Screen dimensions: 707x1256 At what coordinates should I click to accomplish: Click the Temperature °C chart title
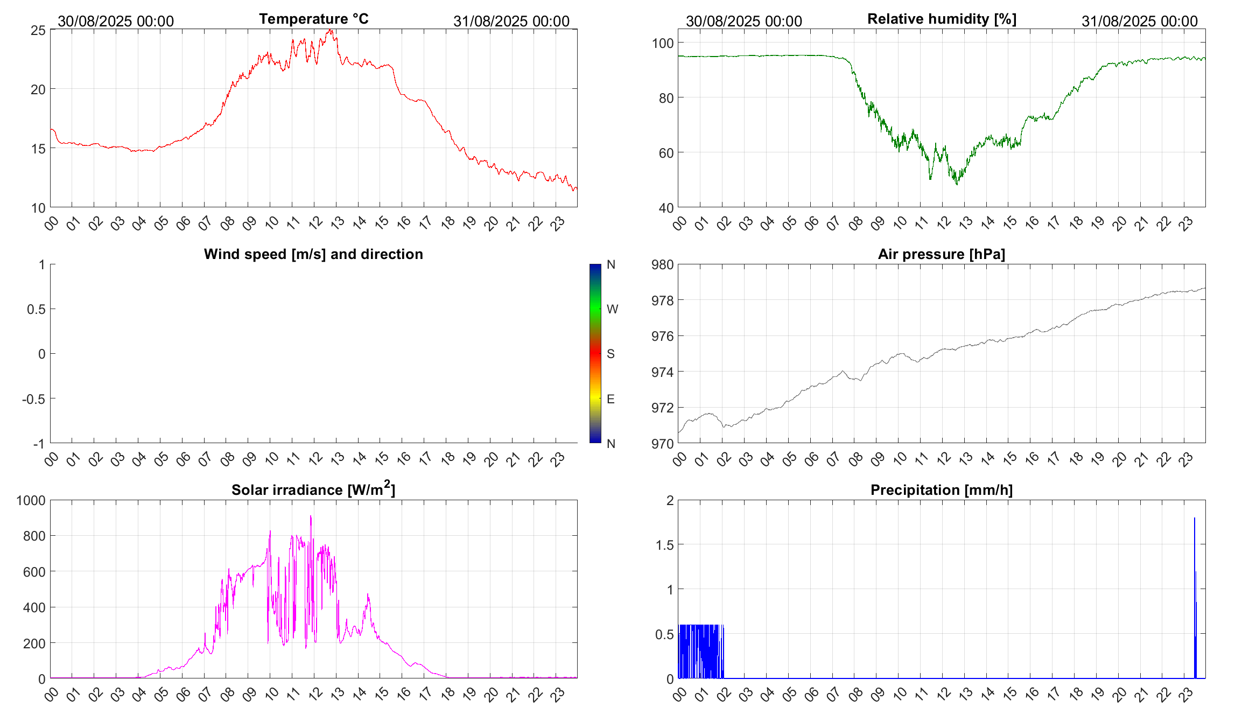click(x=313, y=19)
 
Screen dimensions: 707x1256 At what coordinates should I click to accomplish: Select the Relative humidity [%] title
click(x=942, y=19)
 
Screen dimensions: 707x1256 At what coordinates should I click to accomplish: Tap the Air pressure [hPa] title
click(x=942, y=254)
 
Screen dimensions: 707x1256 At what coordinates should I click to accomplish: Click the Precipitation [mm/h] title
click(x=942, y=490)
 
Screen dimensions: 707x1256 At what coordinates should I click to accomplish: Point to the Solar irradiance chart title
click(x=313, y=489)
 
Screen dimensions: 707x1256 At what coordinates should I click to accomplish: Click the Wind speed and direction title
click(x=313, y=254)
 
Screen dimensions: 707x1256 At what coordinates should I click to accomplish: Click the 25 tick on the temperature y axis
click(x=38, y=30)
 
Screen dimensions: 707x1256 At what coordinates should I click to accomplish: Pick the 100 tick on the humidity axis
click(x=662, y=43)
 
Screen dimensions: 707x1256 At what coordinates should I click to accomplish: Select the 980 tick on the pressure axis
click(x=662, y=264)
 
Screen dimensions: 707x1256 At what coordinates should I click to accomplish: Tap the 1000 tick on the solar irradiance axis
click(x=31, y=500)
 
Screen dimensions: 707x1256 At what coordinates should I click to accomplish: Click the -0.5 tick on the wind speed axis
click(x=33, y=399)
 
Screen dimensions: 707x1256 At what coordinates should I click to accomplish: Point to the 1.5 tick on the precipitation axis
click(x=664, y=545)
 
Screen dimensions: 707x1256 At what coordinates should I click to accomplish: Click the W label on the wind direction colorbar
click(x=612, y=309)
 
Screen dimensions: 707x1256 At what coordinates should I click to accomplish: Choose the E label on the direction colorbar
click(x=611, y=399)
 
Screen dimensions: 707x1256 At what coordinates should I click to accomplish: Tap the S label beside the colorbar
click(x=611, y=354)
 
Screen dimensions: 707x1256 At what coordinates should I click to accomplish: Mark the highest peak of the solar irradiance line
click(x=311, y=516)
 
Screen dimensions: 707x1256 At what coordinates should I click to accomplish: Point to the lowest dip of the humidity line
click(x=957, y=184)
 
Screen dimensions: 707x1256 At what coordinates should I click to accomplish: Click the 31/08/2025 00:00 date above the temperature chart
click(x=511, y=21)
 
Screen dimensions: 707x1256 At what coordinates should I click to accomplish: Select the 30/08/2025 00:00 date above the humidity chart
click(x=743, y=21)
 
